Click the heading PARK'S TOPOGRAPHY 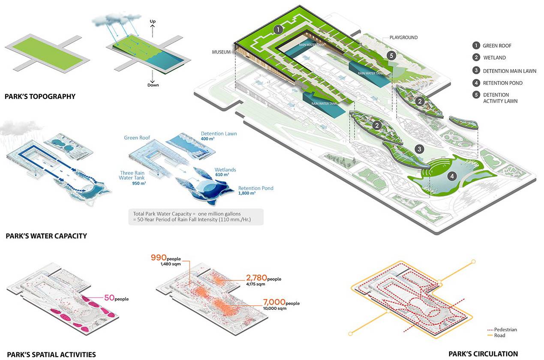click(40, 96)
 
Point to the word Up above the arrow click(153, 21)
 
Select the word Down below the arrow click(153, 85)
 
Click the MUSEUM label click(222, 52)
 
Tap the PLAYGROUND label click(403, 38)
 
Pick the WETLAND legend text click(494, 58)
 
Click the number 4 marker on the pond click(451, 176)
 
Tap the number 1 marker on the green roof click(278, 30)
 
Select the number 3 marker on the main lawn click(420, 149)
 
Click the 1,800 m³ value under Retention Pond click(247, 193)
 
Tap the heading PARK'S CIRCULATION click(483, 354)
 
